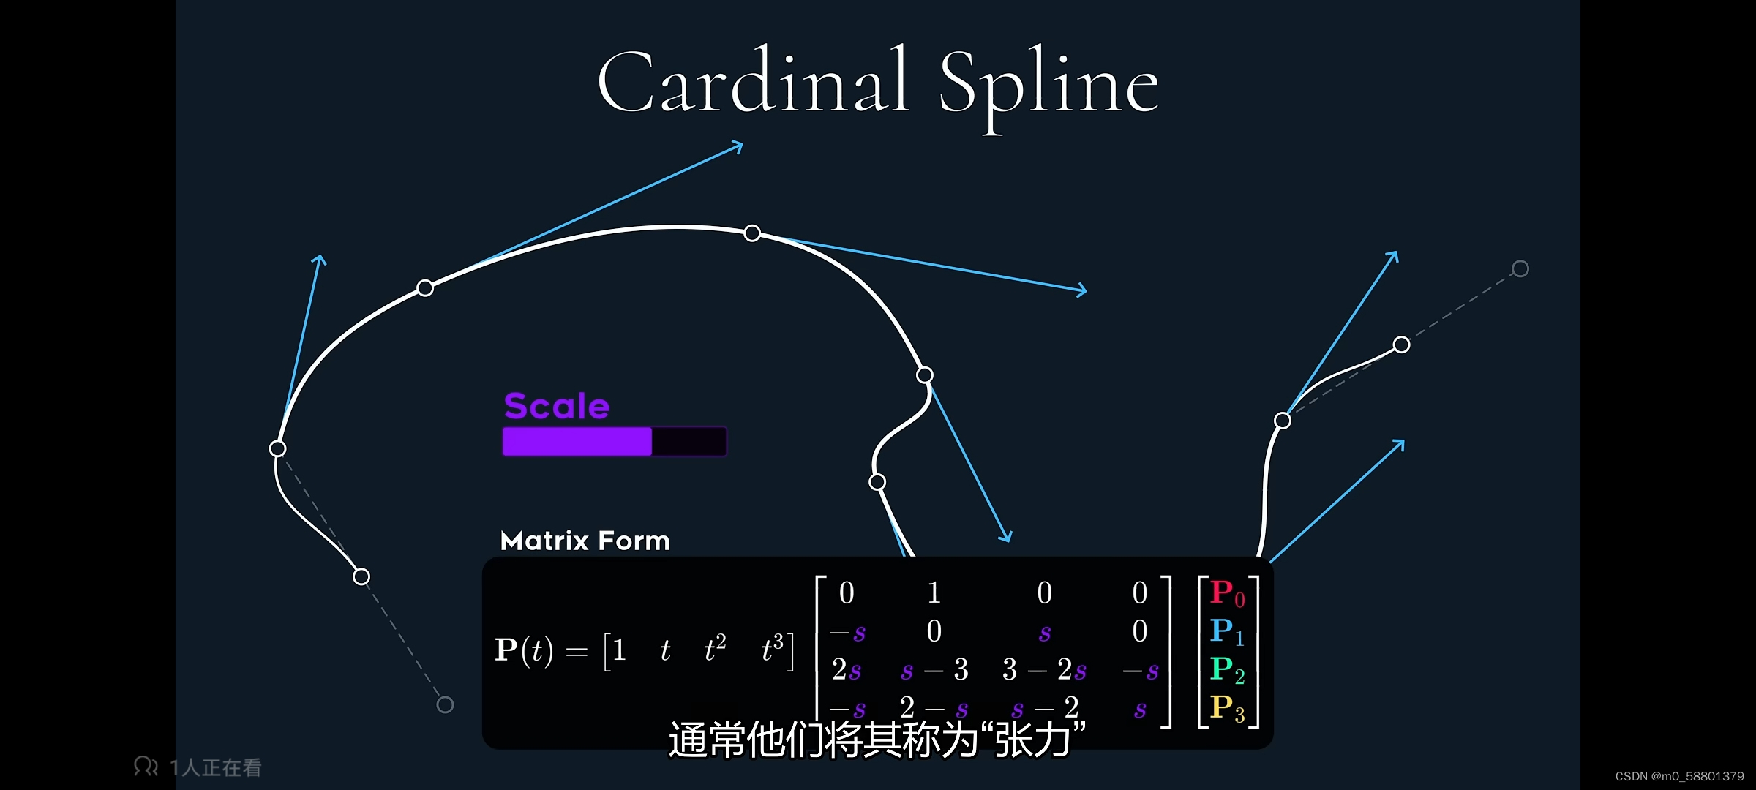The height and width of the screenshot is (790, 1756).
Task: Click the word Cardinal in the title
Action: point(754,82)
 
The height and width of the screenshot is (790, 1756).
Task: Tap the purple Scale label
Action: point(556,406)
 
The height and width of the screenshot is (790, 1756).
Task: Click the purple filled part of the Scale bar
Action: point(577,442)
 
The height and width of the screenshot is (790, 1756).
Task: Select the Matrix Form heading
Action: point(585,541)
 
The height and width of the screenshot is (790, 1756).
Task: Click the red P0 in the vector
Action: point(1227,593)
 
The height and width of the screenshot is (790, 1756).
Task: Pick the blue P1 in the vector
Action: point(1227,631)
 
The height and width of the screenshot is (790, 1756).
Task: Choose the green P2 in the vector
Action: point(1227,669)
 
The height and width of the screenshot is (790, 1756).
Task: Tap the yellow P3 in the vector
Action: point(1227,707)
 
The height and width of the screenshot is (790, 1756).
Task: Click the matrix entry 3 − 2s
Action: point(1044,669)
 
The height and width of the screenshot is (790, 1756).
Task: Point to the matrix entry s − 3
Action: point(934,669)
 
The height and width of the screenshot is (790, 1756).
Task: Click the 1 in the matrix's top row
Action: point(934,592)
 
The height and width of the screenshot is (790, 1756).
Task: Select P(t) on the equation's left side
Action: point(524,650)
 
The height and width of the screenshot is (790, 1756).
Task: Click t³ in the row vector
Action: point(772,648)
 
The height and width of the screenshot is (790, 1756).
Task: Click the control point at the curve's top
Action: point(752,233)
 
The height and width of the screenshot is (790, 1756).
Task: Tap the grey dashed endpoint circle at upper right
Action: point(1520,269)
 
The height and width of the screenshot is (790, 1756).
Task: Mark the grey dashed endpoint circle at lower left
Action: point(445,704)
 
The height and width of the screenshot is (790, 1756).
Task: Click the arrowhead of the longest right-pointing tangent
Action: point(1081,290)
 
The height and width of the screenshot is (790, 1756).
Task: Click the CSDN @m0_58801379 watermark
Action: point(1679,776)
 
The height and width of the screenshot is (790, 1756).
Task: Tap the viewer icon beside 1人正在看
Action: point(146,766)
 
